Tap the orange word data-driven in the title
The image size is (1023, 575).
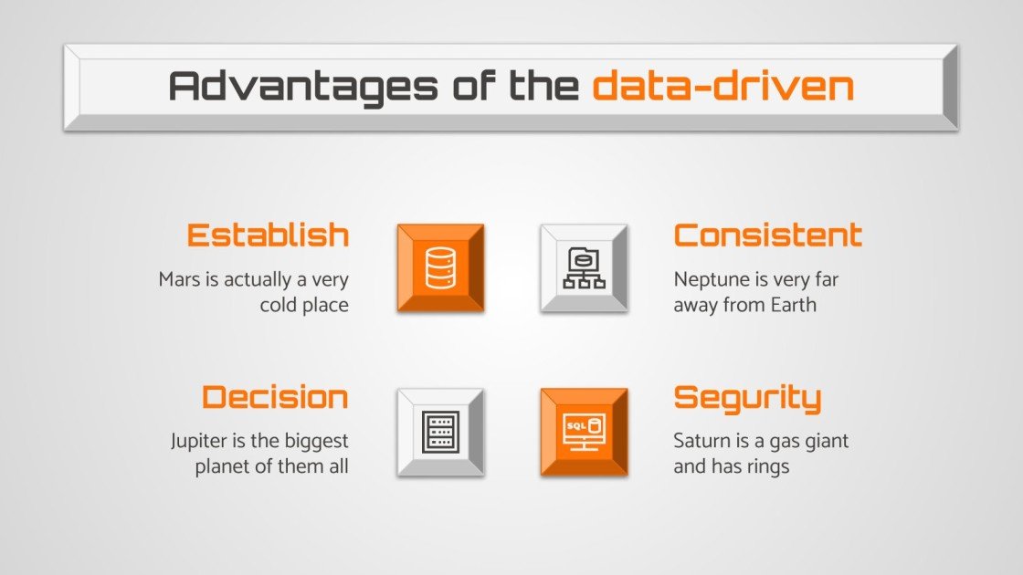click(722, 87)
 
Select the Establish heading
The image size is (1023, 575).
click(268, 235)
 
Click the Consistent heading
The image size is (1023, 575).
click(767, 235)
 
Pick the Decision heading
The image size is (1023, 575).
click(275, 397)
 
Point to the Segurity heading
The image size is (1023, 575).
click(747, 398)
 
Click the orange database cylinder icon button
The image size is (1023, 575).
click(440, 267)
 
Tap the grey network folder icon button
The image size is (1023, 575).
click(584, 267)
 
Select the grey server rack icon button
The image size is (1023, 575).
click(440, 432)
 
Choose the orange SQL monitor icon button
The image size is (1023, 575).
click(584, 432)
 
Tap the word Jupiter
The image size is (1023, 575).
click(196, 442)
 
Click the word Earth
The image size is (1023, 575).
click(794, 305)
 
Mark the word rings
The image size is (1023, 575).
click(767, 466)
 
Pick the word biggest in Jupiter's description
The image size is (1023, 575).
click(316, 442)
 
